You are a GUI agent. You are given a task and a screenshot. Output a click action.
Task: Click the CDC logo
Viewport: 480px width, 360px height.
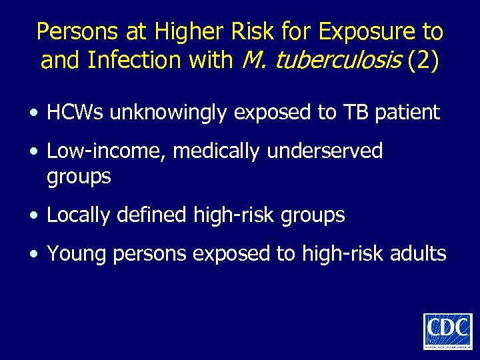pos(447,331)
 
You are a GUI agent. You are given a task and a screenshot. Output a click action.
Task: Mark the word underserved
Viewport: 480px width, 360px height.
pos(325,151)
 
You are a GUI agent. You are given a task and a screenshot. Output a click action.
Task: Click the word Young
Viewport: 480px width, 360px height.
pos(73,253)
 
